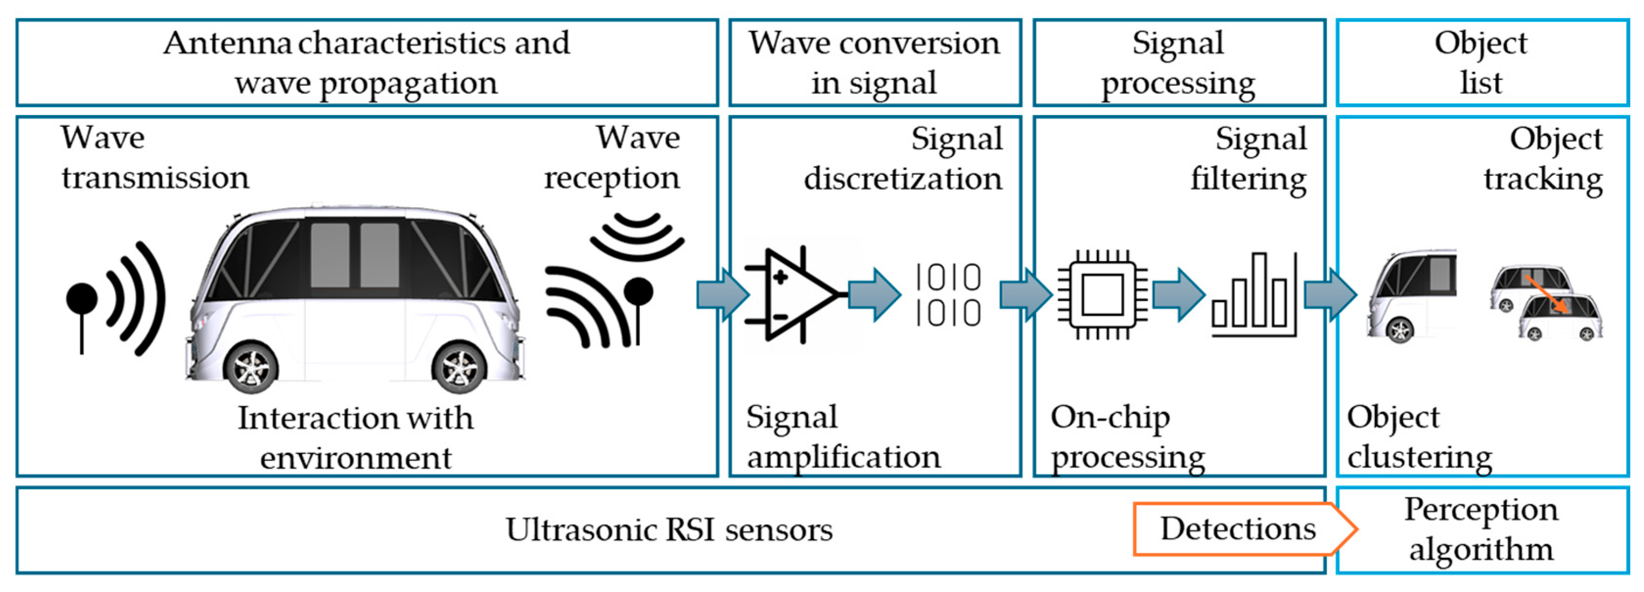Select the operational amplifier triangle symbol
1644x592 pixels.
point(795,294)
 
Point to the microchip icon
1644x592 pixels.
point(1102,294)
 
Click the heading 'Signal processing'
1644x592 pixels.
point(1178,63)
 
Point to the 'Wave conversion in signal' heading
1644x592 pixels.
point(874,63)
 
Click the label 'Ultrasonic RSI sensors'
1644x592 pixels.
point(669,529)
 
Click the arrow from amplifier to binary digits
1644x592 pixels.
point(874,294)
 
